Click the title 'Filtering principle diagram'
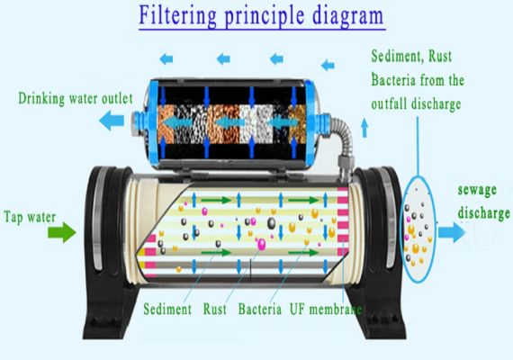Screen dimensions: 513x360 click(x=261, y=16)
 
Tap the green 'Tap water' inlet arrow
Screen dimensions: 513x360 click(x=62, y=232)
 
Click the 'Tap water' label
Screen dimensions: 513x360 click(x=30, y=217)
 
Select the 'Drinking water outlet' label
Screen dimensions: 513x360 click(x=76, y=98)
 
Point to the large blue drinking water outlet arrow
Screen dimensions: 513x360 click(x=112, y=121)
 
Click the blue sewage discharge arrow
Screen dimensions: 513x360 click(x=452, y=232)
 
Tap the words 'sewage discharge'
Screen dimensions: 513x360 click(x=483, y=202)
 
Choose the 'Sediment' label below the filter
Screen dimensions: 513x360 click(x=167, y=309)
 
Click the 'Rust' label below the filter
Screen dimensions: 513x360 click(x=214, y=309)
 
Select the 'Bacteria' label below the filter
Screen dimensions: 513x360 click(x=260, y=309)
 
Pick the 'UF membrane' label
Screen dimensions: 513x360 click(x=326, y=309)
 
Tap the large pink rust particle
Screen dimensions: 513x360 click(x=261, y=244)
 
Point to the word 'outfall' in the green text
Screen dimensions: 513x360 click(x=390, y=104)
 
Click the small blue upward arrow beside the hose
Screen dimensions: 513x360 click(x=364, y=128)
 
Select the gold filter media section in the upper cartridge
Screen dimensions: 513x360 click(x=297, y=124)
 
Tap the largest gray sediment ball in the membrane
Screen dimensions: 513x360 click(x=271, y=223)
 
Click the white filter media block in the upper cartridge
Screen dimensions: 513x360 click(x=256, y=124)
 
